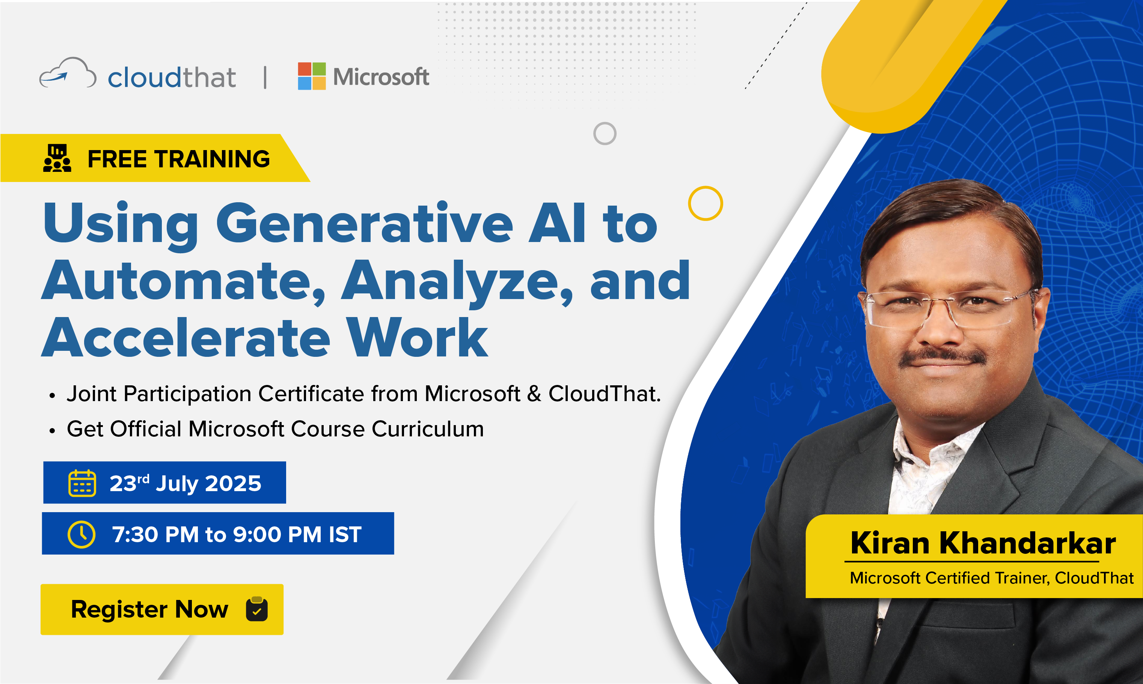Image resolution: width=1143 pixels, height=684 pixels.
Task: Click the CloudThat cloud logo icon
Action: (x=68, y=73)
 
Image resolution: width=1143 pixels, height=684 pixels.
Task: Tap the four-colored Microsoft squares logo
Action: (x=312, y=76)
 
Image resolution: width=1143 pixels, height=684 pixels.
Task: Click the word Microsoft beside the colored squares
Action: (x=381, y=77)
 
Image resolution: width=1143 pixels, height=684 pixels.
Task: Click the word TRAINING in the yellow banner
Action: (x=212, y=159)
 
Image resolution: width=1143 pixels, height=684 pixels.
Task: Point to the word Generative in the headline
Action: (x=364, y=223)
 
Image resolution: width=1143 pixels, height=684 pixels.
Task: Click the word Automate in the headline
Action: (x=184, y=281)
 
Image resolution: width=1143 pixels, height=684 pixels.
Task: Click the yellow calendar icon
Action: (x=82, y=483)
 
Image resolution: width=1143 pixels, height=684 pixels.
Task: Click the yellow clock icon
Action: (x=81, y=534)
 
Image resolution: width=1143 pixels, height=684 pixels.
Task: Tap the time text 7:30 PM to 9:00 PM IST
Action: (x=237, y=535)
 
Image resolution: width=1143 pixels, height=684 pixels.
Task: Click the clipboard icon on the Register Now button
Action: (x=257, y=609)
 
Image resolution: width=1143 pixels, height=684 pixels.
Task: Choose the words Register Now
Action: (x=149, y=610)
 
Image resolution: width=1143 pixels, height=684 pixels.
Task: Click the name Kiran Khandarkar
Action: (x=983, y=543)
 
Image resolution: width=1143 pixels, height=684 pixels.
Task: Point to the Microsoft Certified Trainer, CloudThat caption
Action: (x=992, y=578)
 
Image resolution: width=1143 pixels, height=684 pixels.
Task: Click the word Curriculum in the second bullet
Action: (x=428, y=429)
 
